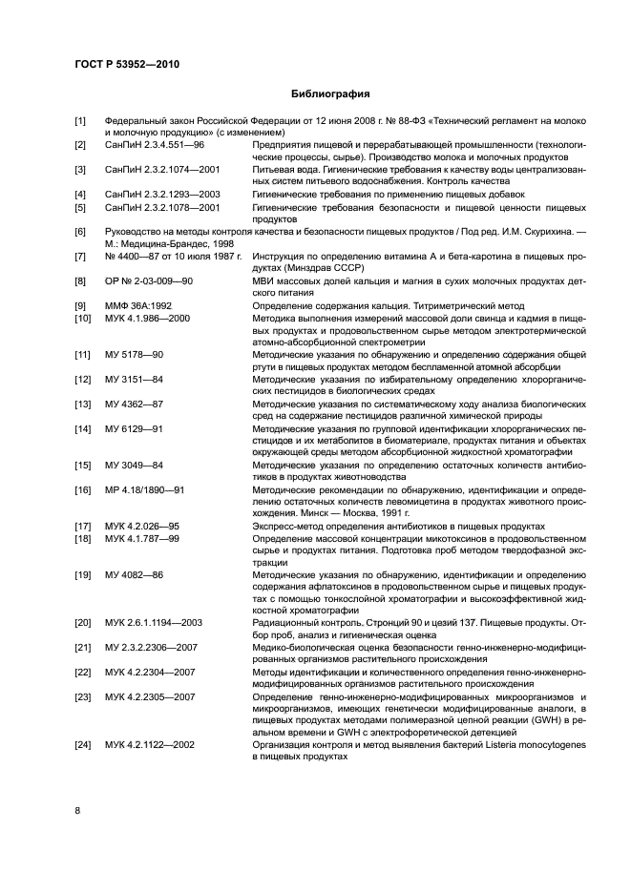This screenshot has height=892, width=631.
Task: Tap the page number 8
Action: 78,810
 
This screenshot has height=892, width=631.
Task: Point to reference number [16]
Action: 82,489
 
